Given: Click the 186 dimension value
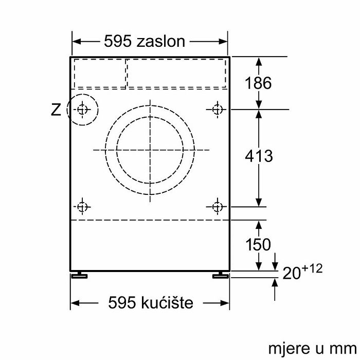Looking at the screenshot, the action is [x=258, y=83].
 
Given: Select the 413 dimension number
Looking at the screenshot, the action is [x=259, y=156].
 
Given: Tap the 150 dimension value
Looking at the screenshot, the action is [x=258, y=244].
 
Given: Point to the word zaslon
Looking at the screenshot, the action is [x=160, y=42].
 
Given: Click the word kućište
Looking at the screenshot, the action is [x=167, y=302].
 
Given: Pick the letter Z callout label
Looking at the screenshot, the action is [x=56, y=110].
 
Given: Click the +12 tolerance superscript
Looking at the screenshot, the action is [x=312, y=268].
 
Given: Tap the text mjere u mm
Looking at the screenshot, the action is [x=313, y=349].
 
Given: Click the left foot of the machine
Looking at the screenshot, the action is [x=79, y=275].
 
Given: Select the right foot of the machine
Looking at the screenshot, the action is [x=221, y=275].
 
